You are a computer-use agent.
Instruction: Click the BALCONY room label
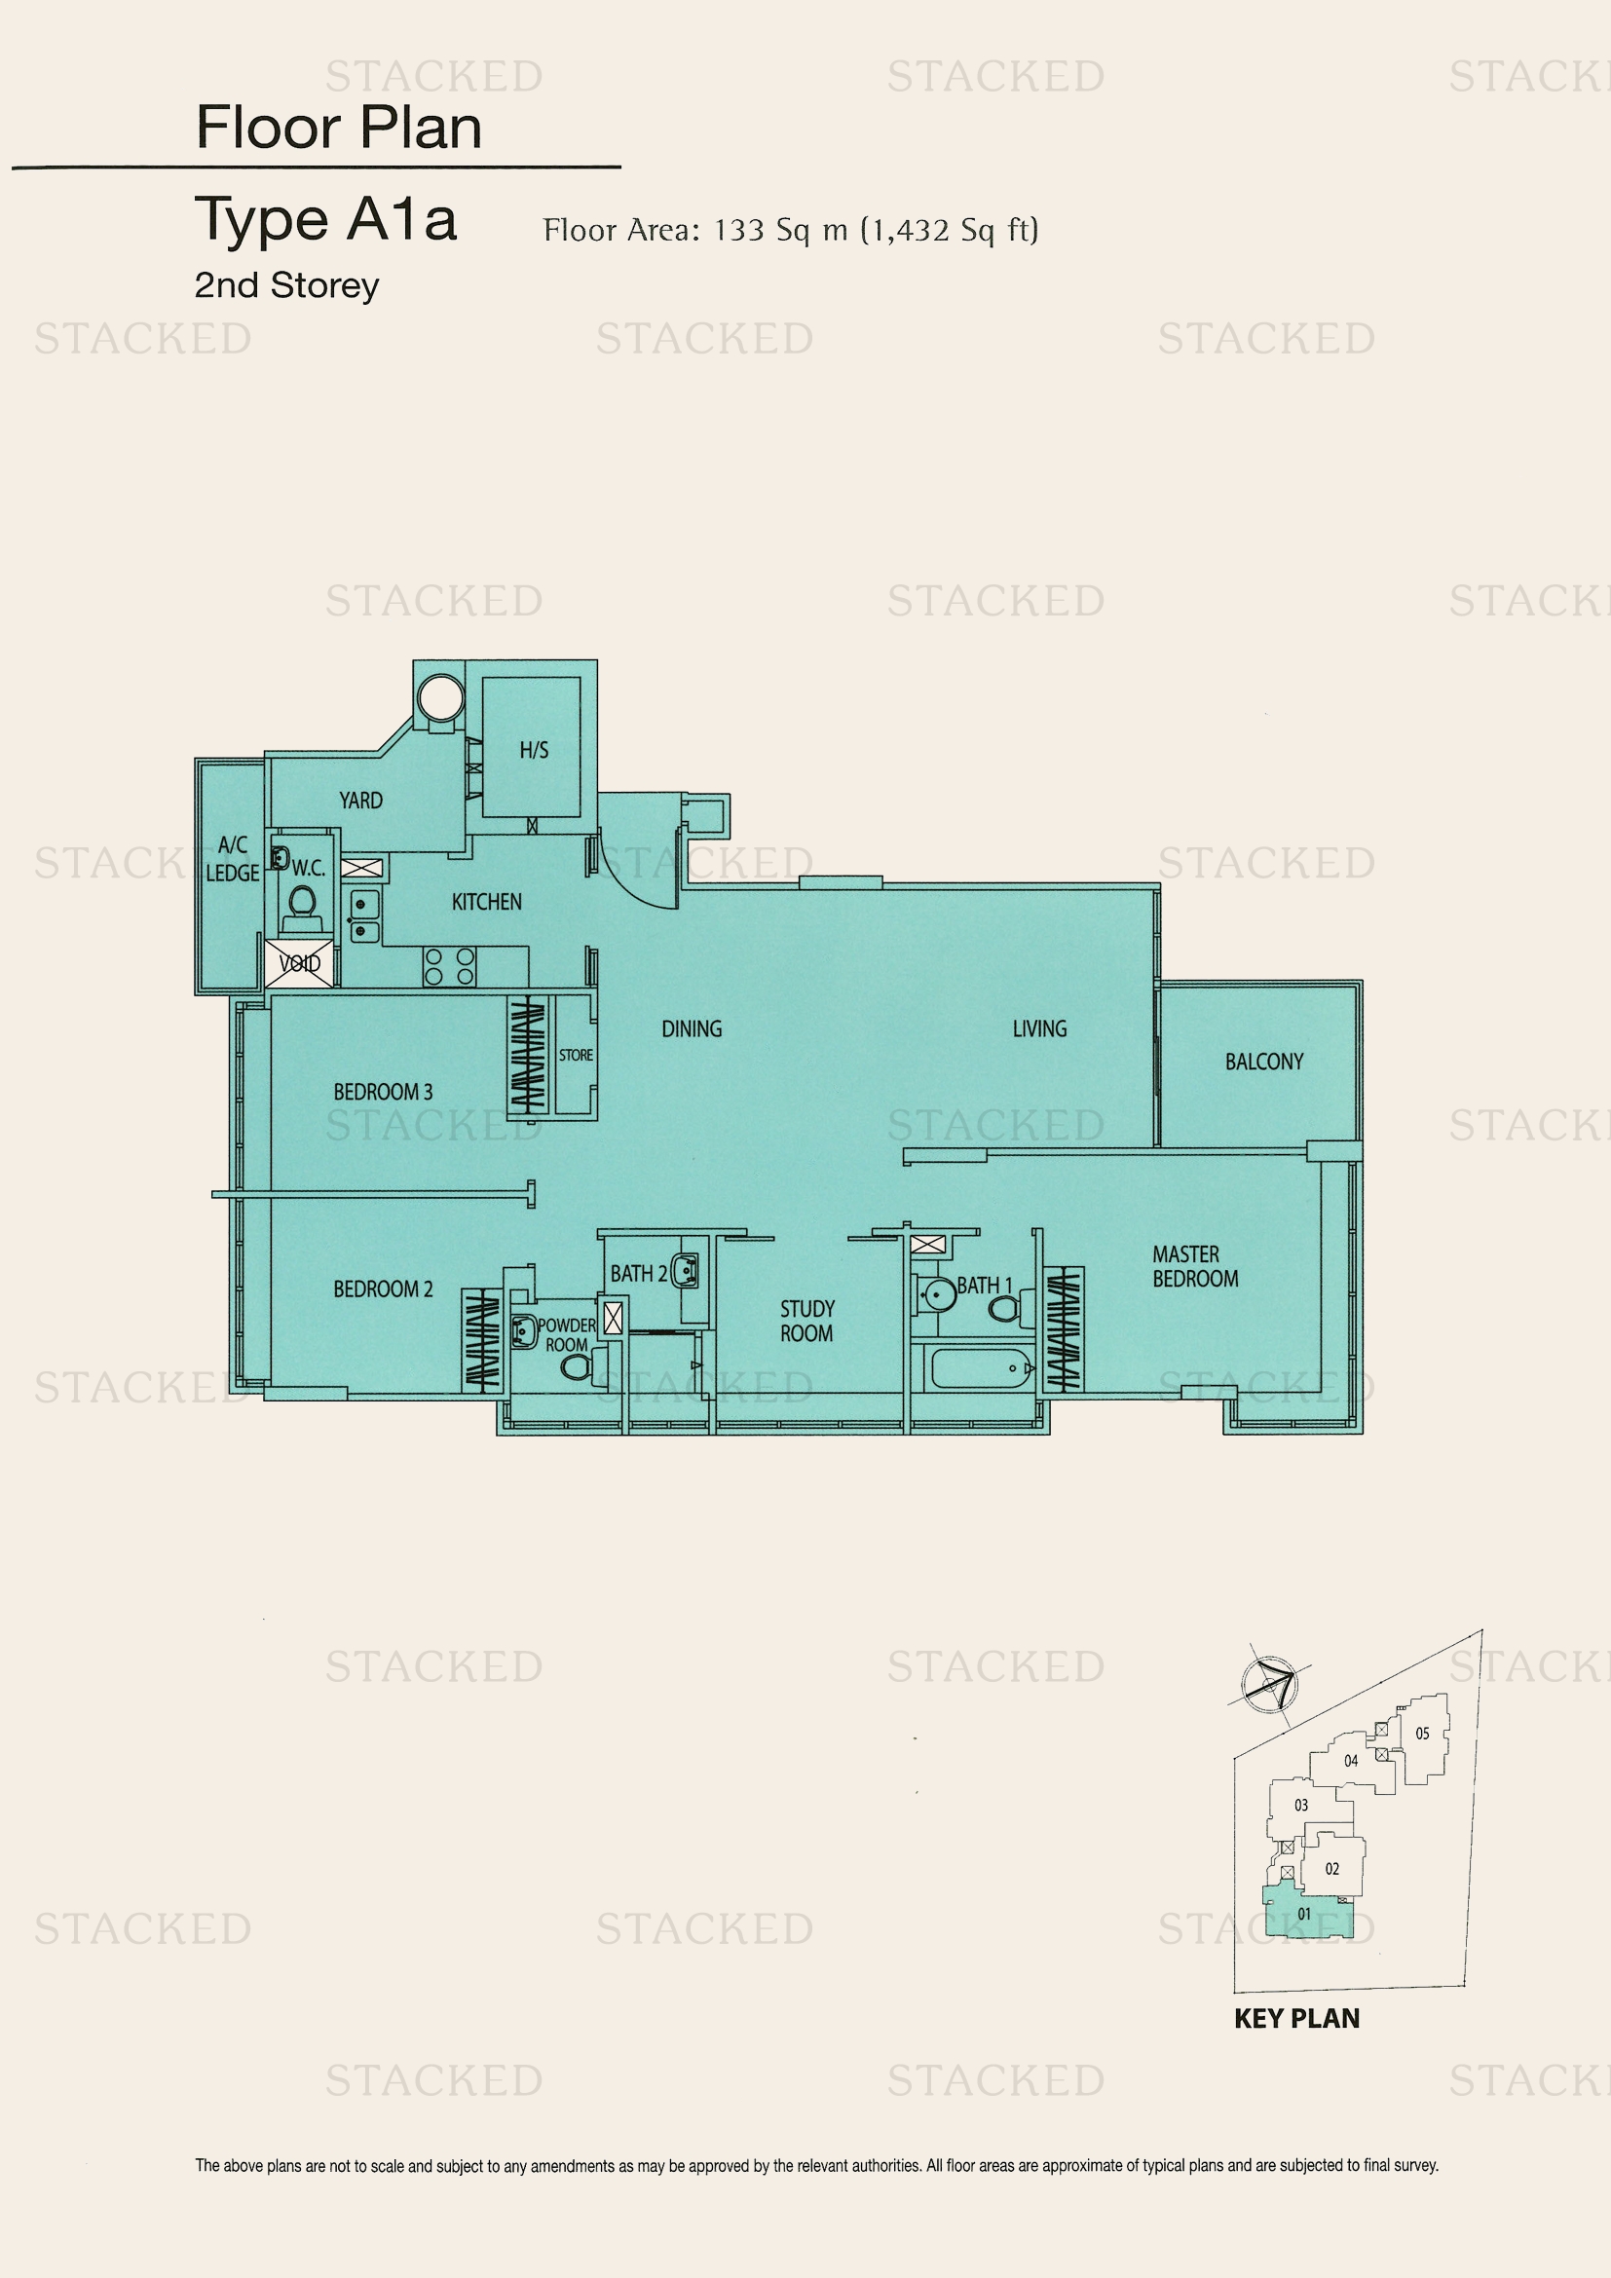click(1264, 1062)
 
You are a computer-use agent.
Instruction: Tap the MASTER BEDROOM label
click(1195, 1267)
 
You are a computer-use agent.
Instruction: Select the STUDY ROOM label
click(807, 1321)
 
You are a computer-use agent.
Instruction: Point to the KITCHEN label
click(486, 902)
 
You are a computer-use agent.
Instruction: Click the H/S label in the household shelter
click(534, 750)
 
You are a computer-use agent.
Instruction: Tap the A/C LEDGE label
click(232, 859)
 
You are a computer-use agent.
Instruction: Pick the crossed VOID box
click(300, 962)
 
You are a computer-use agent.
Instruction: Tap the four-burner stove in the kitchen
click(450, 966)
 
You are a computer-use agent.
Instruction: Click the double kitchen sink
click(364, 916)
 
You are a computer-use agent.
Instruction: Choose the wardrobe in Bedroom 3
click(528, 1056)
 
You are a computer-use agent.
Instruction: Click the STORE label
click(576, 1055)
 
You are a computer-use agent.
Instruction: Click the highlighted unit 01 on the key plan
click(1305, 1915)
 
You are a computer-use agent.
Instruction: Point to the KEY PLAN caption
click(1296, 2019)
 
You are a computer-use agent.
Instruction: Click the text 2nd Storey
click(286, 285)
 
